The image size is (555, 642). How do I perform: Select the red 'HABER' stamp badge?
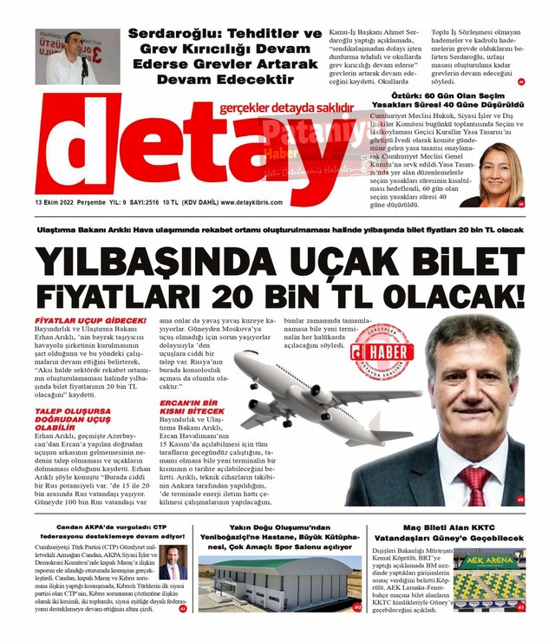point(382,352)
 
